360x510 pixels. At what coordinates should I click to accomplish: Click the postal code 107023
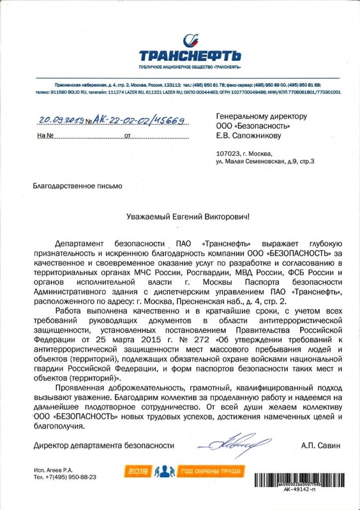pos(228,153)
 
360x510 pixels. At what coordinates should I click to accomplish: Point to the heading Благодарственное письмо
pos(77,186)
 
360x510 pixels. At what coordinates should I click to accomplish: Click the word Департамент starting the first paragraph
pos(79,244)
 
